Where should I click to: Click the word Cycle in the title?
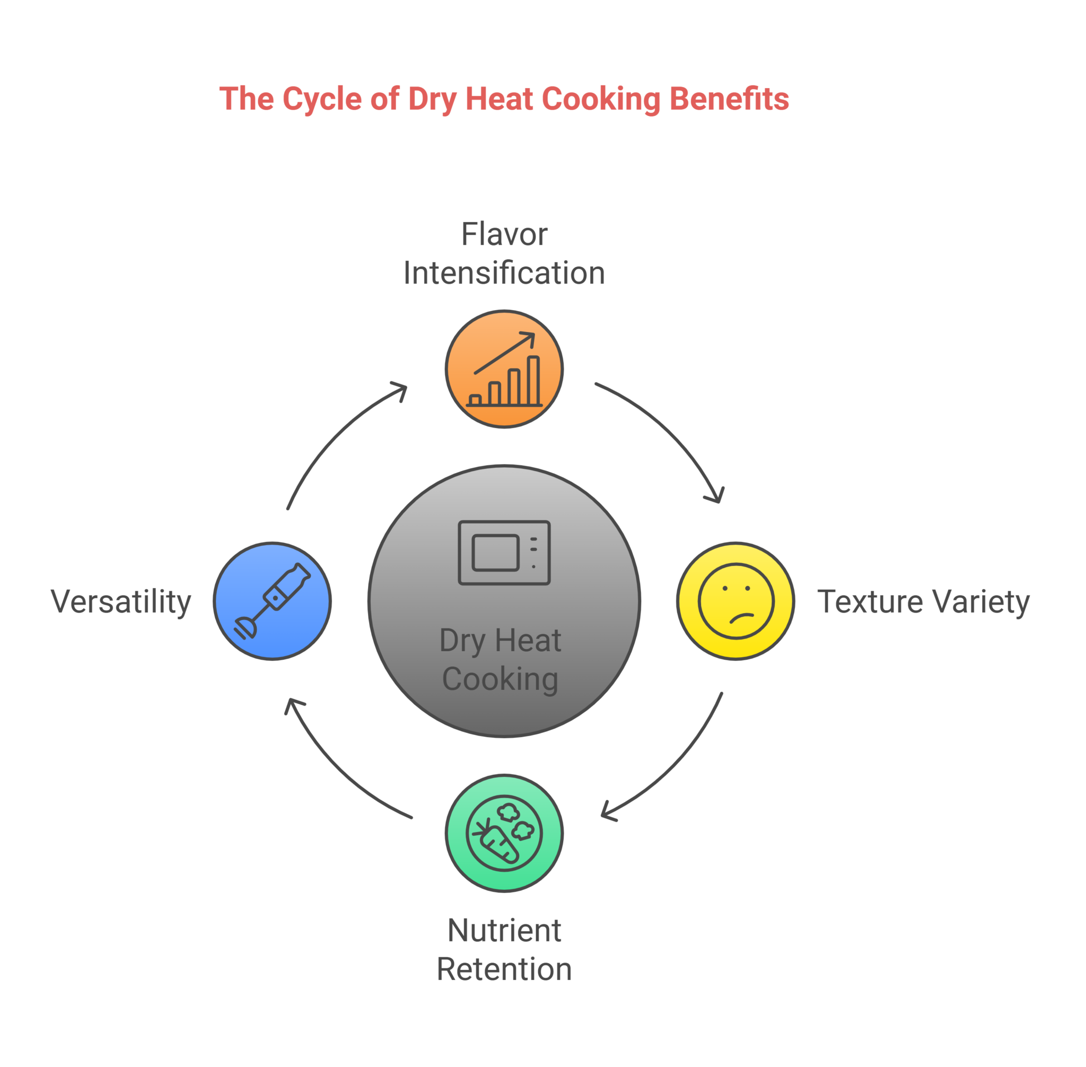point(322,99)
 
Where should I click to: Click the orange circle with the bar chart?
point(504,369)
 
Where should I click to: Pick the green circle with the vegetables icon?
point(504,833)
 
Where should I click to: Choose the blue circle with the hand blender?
point(273,601)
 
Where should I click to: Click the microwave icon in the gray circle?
point(504,553)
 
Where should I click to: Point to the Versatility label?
point(121,601)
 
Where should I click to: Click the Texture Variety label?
point(923,601)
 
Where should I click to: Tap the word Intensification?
point(504,274)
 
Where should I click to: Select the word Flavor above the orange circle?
point(504,234)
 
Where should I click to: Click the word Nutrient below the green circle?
point(504,931)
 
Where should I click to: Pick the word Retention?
point(504,969)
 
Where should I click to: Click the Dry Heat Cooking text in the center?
point(501,660)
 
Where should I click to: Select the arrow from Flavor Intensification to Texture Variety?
point(672,432)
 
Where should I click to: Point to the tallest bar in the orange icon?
point(533,381)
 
